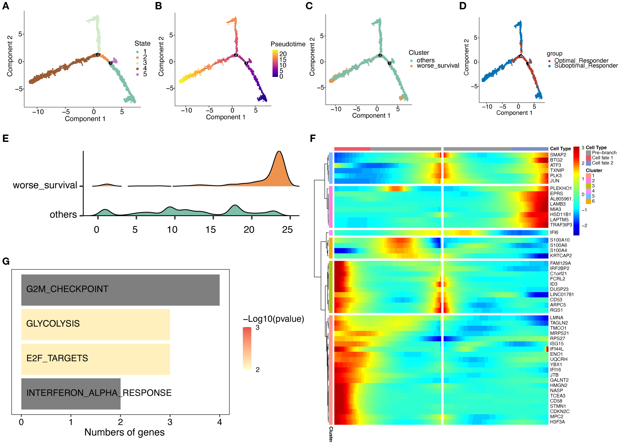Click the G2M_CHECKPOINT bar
click(x=120, y=289)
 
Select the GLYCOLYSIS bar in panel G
click(x=96, y=324)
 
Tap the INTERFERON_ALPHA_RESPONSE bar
click(x=71, y=393)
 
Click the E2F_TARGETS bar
click(x=96, y=359)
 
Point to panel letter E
click(x=6, y=139)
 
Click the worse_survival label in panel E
click(x=45, y=185)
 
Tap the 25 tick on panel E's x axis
click(x=287, y=229)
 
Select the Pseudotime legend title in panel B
click(x=288, y=44)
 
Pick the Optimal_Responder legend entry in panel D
click(x=581, y=61)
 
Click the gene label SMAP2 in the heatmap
click(x=558, y=155)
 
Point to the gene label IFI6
click(x=554, y=232)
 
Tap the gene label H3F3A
click(x=557, y=422)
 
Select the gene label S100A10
click(x=560, y=240)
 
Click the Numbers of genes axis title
click(x=124, y=432)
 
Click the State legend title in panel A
click(x=142, y=43)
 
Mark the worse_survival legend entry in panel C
click(x=438, y=66)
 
